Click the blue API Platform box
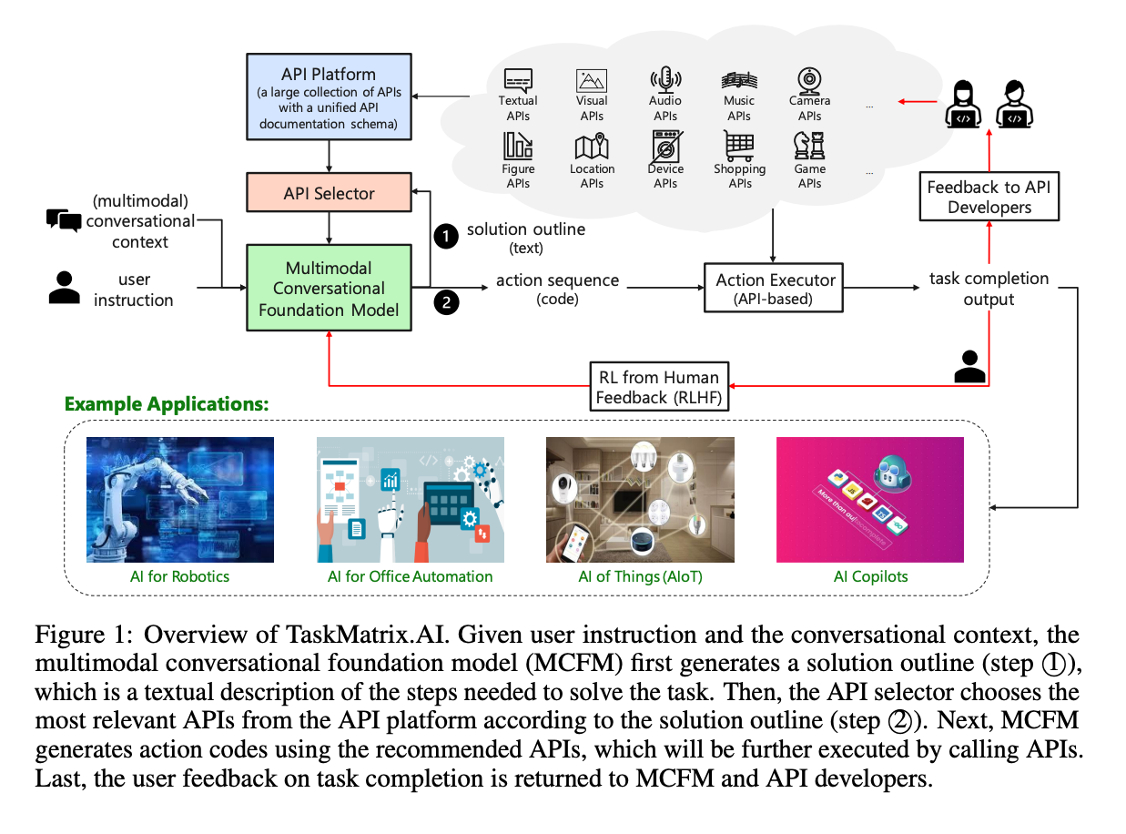point(329,96)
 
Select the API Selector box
point(329,193)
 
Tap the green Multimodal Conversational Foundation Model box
point(329,288)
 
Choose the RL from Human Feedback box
point(658,387)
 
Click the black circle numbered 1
point(445,237)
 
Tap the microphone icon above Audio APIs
point(665,79)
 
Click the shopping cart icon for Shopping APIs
point(739,146)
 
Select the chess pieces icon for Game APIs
point(809,146)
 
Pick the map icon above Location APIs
point(592,147)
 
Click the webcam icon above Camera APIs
point(809,79)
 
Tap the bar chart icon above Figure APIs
point(518,146)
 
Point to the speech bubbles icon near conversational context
point(64,220)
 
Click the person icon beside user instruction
point(63,288)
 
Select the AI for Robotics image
point(179,499)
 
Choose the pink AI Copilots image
point(869,499)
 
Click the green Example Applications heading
point(166,403)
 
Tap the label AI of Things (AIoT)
point(639,576)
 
